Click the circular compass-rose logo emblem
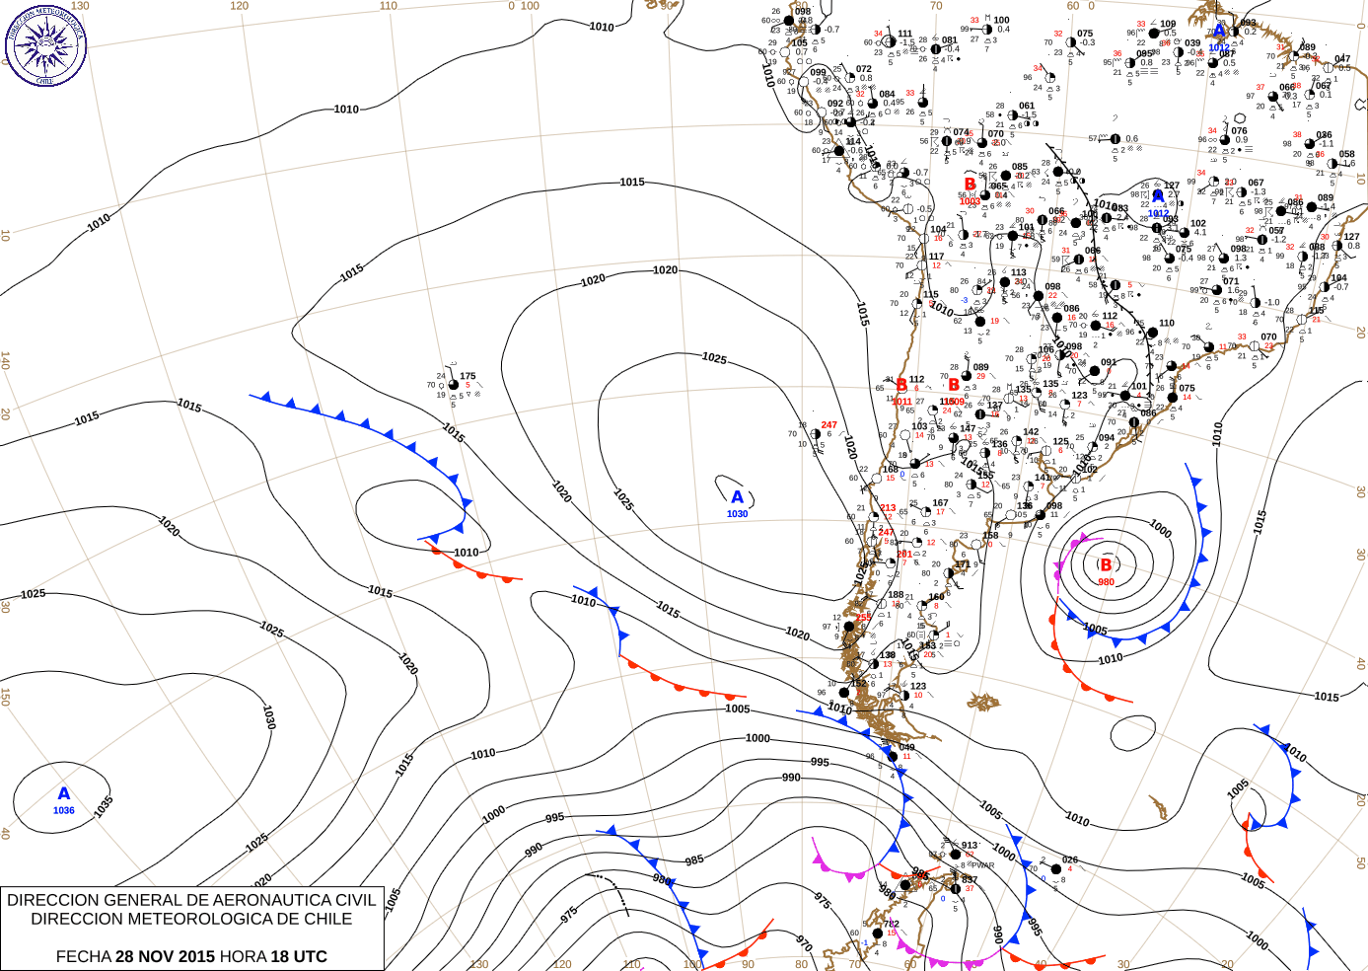45,45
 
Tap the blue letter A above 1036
64,793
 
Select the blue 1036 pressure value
64,810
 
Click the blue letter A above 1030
737,497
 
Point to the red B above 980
1106,565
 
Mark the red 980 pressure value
1106,582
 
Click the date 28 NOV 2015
166,956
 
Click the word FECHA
83,956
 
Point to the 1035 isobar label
104,805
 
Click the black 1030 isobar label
268,716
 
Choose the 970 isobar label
804,943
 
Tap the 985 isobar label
694,860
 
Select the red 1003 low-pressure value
970,201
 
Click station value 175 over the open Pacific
468,376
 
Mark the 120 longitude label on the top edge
240,6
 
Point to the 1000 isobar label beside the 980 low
1161,530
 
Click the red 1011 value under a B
901,402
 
